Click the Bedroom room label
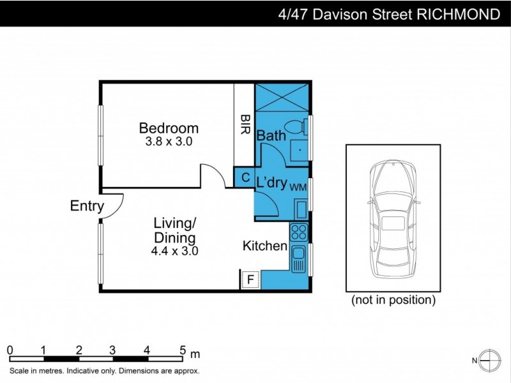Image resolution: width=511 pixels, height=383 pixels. [x=169, y=128]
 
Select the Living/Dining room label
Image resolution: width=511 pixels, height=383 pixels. [x=174, y=230]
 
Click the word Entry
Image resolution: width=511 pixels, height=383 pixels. [x=87, y=206]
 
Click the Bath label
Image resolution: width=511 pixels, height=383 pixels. [x=271, y=135]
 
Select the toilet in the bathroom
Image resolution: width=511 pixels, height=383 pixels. [x=296, y=127]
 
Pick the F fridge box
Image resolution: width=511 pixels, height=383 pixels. [x=250, y=279]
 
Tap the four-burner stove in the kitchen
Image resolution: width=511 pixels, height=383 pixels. [x=298, y=232]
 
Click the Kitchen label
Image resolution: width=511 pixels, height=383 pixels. [x=264, y=246]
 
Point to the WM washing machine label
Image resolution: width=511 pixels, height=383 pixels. [x=298, y=187]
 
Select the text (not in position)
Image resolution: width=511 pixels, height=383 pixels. [x=393, y=300]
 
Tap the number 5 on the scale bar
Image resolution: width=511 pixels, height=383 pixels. [x=183, y=350]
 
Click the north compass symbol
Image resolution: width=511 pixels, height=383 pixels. [x=490, y=361]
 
